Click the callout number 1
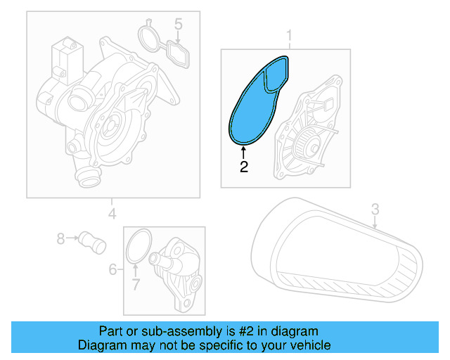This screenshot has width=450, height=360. click(x=288, y=35)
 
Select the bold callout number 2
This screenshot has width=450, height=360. click(x=243, y=167)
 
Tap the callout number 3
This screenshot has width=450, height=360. click(x=375, y=208)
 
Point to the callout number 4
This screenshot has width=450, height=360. click(x=111, y=214)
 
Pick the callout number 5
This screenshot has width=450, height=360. click(x=179, y=25)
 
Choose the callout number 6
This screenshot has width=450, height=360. click(x=112, y=269)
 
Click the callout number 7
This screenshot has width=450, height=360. click(x=136, y=285)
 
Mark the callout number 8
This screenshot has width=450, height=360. click(x=60, y=239)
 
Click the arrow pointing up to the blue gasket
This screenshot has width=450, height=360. click(x=243, y=153)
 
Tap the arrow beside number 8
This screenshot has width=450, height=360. click(x=72, y=239)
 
